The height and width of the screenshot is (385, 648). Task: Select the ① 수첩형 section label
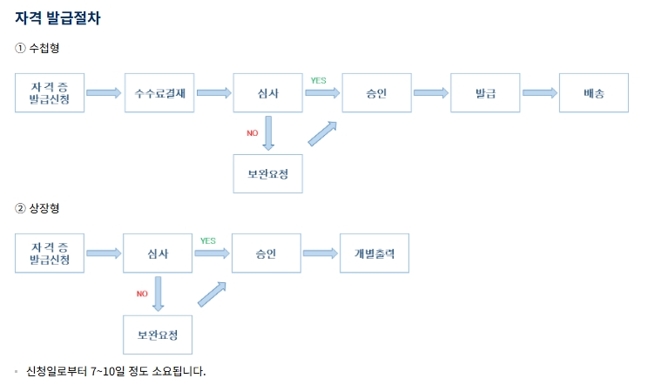tap(37, 47)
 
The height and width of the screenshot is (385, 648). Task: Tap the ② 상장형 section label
tap(37, 208)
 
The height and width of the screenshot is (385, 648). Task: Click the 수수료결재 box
tap(160, 93)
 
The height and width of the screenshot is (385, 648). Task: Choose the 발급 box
tap(485, 93)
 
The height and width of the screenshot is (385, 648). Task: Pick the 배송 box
tap(594, 93)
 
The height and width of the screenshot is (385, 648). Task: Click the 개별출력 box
tap(375, 253)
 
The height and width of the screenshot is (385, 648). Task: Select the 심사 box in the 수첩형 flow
tap(268, 93)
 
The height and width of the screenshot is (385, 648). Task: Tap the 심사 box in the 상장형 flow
tap(158, 253)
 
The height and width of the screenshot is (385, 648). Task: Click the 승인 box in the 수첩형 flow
tap(377, 93)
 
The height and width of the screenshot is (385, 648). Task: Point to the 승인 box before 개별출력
tap(267, 253)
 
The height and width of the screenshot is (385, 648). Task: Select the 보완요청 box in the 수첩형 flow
tap(268, 173)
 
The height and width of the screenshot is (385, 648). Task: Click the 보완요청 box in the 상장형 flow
tap(158, 334)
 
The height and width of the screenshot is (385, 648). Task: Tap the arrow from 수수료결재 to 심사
tap(213, 93)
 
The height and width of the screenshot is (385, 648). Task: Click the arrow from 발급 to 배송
tap(539, 93)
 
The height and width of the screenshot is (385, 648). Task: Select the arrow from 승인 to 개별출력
tap(320, 253)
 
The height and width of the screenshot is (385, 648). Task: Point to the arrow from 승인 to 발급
tap(430, 93)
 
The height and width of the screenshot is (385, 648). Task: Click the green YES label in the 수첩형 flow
tap(318, 80)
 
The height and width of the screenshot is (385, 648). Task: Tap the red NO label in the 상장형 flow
tap(142, 294)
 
